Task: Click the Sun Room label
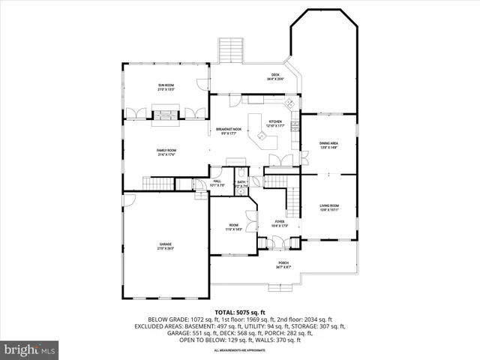pos(166,88)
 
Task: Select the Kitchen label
pos(275,124)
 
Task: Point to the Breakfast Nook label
pos(228,131)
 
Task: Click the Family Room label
pos(166,152)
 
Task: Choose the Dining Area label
pos(328,145)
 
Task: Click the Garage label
pos(166,246)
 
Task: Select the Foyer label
pos(279,223)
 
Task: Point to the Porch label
pos(283,264)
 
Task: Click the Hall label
pos(217,182)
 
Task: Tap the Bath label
pos(241,182)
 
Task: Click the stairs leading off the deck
pos(228,51)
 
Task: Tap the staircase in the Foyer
pos(294,199)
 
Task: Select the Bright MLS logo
pos(30,349)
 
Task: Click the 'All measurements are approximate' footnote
pos(240,350)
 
